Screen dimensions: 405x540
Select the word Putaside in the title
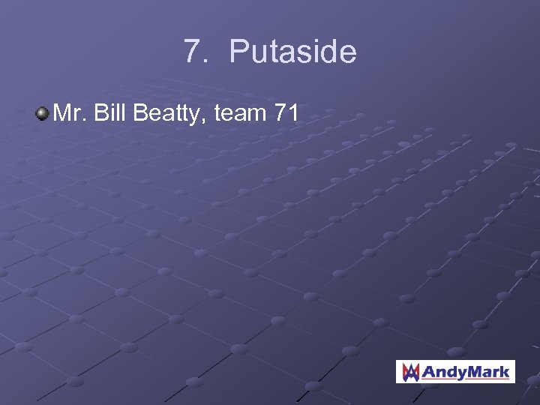click(x=292, y=52)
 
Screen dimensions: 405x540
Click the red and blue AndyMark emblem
click(x=409, y=370)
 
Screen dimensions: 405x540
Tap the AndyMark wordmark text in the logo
click(x=465, y=370)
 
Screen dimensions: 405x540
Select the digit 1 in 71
click(x=295, y=114)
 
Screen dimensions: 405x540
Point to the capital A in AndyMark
click(x=428, y=370)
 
